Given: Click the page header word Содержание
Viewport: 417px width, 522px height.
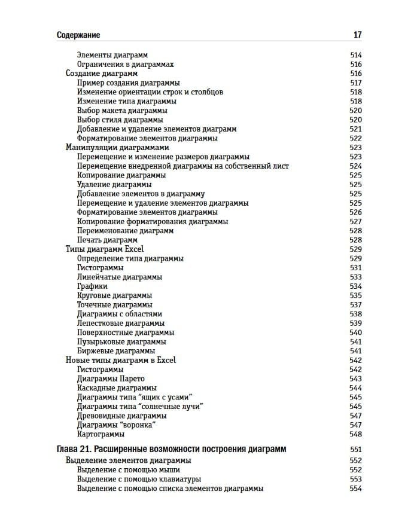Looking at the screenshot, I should click(78, 35).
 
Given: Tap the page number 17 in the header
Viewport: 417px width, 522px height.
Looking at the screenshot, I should click(357, 35).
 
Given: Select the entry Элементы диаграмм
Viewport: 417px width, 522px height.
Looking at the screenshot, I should click(112, 55).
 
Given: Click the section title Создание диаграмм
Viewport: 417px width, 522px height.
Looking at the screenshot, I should click(101, 74).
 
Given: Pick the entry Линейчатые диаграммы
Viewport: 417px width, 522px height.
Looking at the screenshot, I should click(120, 277).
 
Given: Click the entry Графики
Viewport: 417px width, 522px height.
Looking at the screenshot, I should click(92, 286).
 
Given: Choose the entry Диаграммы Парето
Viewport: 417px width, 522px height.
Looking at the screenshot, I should click(111, 378).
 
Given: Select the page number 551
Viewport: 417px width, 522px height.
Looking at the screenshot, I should click(355, 449).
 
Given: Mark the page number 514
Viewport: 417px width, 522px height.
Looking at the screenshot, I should click(355, 55).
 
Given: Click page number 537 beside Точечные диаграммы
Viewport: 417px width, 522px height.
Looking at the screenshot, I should click(355, 305).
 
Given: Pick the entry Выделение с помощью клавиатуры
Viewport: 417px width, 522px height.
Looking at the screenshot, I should click(139, 480).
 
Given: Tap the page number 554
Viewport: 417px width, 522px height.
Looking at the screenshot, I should click(355, 489).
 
